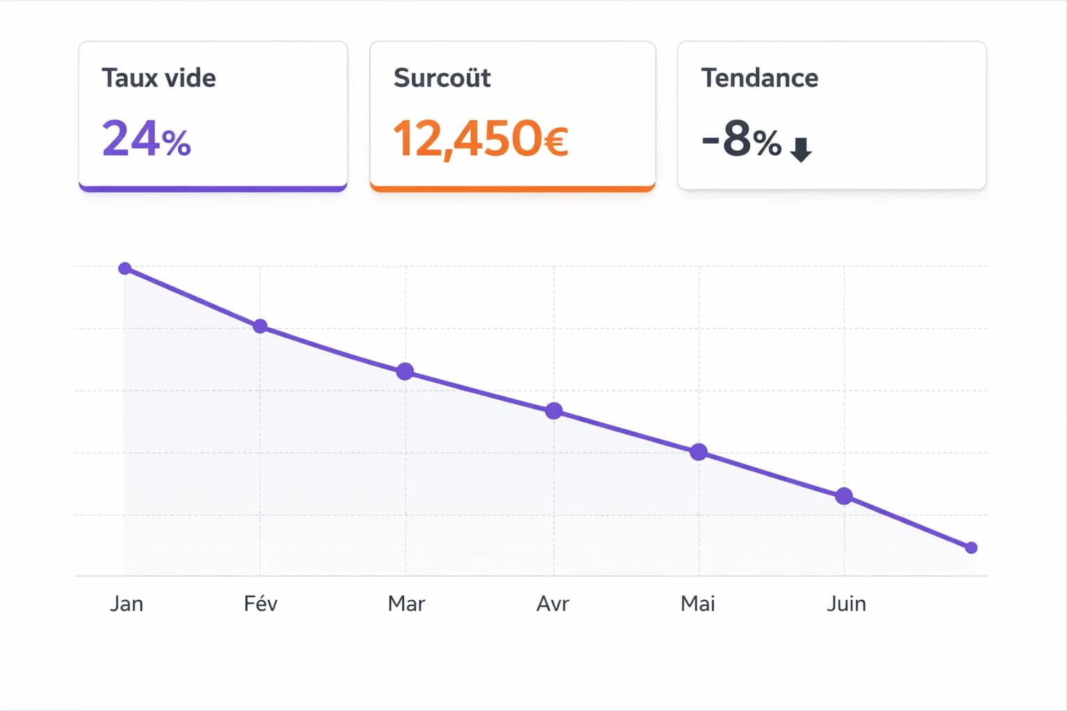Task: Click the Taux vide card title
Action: pyautogui.click(x=158, y=78)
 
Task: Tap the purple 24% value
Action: pyautogui.click(x=146, y=139)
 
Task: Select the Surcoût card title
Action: pyautogui.click(x=442, y=78)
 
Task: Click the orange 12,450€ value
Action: pyautogui.click(x=481, y=139)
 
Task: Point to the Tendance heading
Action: pyautogui.click(x=759, y=78)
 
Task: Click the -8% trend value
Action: pyautogui.click(x=741, y=139)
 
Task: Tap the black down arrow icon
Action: pyautogui.click(x=801, y=149)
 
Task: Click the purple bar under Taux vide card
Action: pyautogui.click(x=213, y=188)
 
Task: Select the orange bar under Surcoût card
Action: pyautogui.click(x=513, y=188)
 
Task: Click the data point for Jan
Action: pyautogui.click(x=125, y=269)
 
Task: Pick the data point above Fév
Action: pyautogui.click(x=260, y=326)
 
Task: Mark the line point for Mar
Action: pyautogui.click(x=405, y=371)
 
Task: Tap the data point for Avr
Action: pyautogui.click(x=554, y=411)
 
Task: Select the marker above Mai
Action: pyautogui.click(x=699, y=453)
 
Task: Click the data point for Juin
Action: pyautogui.click(x=844, y=496)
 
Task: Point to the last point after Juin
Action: pyautogui.click(x=971, y=548)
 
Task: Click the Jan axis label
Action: pyautogui.click(x=126, y=603)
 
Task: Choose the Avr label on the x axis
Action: pyautogui.click(x=552, y=603)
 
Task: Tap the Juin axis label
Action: pyautogui.click(x=846, y=603)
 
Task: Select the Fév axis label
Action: pyautogui.click(x=260, y=603)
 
